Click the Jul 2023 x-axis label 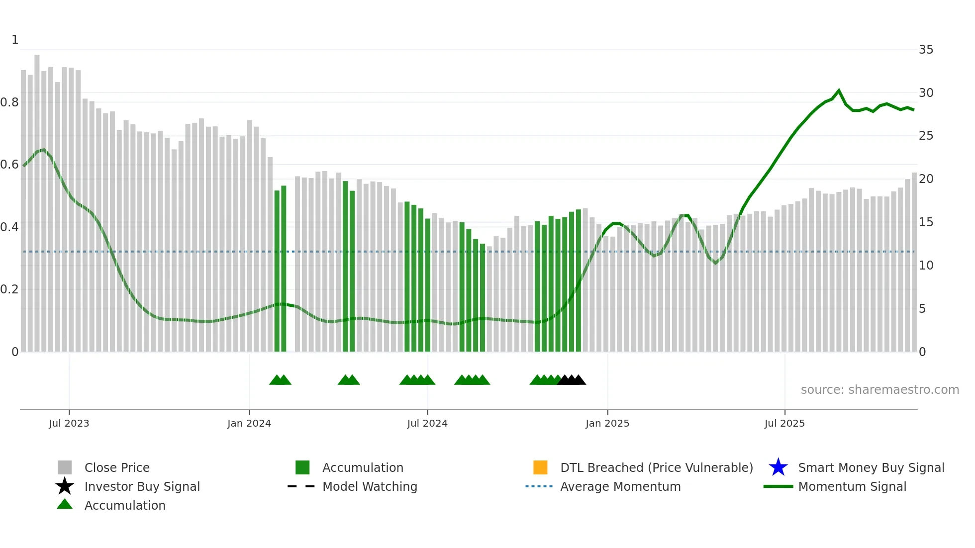pyautogui.click(x=69, y=423)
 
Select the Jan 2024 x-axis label pyautogui.click(x=249, y=423)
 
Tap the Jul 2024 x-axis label pyautogui.click(x=427, y=423)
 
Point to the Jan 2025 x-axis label pyautogui.click(x=607, y=423)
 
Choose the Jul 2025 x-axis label pyautogui.click(x=784, y=423)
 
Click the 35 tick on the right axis pyautogui.click(x=926, y=50)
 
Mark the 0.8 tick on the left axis pyautogui.click(x=9, y=102)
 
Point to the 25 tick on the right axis pyautogui.click(x=926, y=136)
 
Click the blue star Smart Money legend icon pyautogui.click(x=778, y=467)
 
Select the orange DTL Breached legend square pyautogui.click(x=540, y=467)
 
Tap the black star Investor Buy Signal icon pyautogui.click(x=65, y=486)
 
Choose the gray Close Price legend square pyautogui.click(x=65, y=467)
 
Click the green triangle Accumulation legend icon pyautogui.click(x=65, y=504)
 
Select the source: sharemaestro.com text pyautogui.click(x=879, y=390)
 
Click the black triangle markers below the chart pyautogui.click(x=572, y=380)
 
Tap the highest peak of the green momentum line pyautogui.click(x=839, y=91)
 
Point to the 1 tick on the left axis pyautogui.click(x=15, y=40)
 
